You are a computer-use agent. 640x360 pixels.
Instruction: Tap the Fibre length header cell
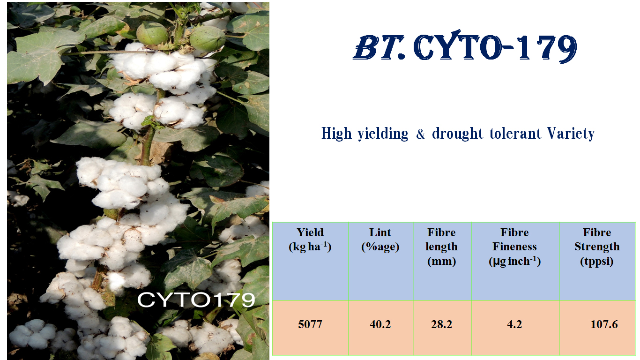[442, 247]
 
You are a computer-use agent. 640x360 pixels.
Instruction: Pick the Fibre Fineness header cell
[514, 247]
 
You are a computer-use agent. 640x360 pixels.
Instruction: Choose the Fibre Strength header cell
[597, 247]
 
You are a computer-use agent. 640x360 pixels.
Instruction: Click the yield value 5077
[310, 324]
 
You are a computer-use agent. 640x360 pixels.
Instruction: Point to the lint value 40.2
[380, 324]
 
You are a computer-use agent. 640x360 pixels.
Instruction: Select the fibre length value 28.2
[442, 324]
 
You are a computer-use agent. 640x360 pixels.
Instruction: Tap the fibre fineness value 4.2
[514, 324]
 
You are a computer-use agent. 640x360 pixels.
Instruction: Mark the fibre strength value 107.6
[604, 324]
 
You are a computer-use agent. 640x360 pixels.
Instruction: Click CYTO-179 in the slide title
[495, 49]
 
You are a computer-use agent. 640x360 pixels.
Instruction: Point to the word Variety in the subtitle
[571, 134]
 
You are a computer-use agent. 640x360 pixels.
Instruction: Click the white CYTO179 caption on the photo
[196, 300]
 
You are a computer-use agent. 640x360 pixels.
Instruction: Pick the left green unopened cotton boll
[152, 34]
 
